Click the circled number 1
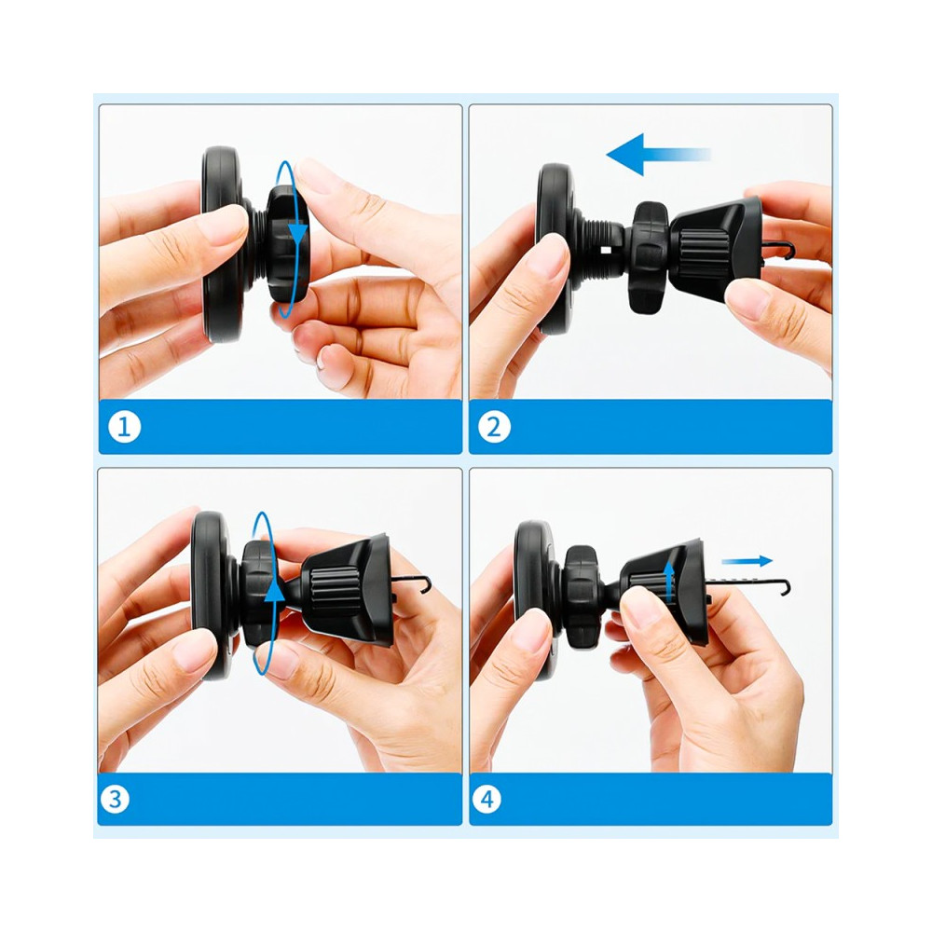click(124, 427)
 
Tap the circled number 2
click(494, 427)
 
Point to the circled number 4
click(487, 799)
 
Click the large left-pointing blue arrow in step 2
click(658, 155)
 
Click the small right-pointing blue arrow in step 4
click(747, 560)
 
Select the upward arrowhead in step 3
click(274, 591)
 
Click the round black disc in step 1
click(222, 244)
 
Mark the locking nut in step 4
click(582, 596)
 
